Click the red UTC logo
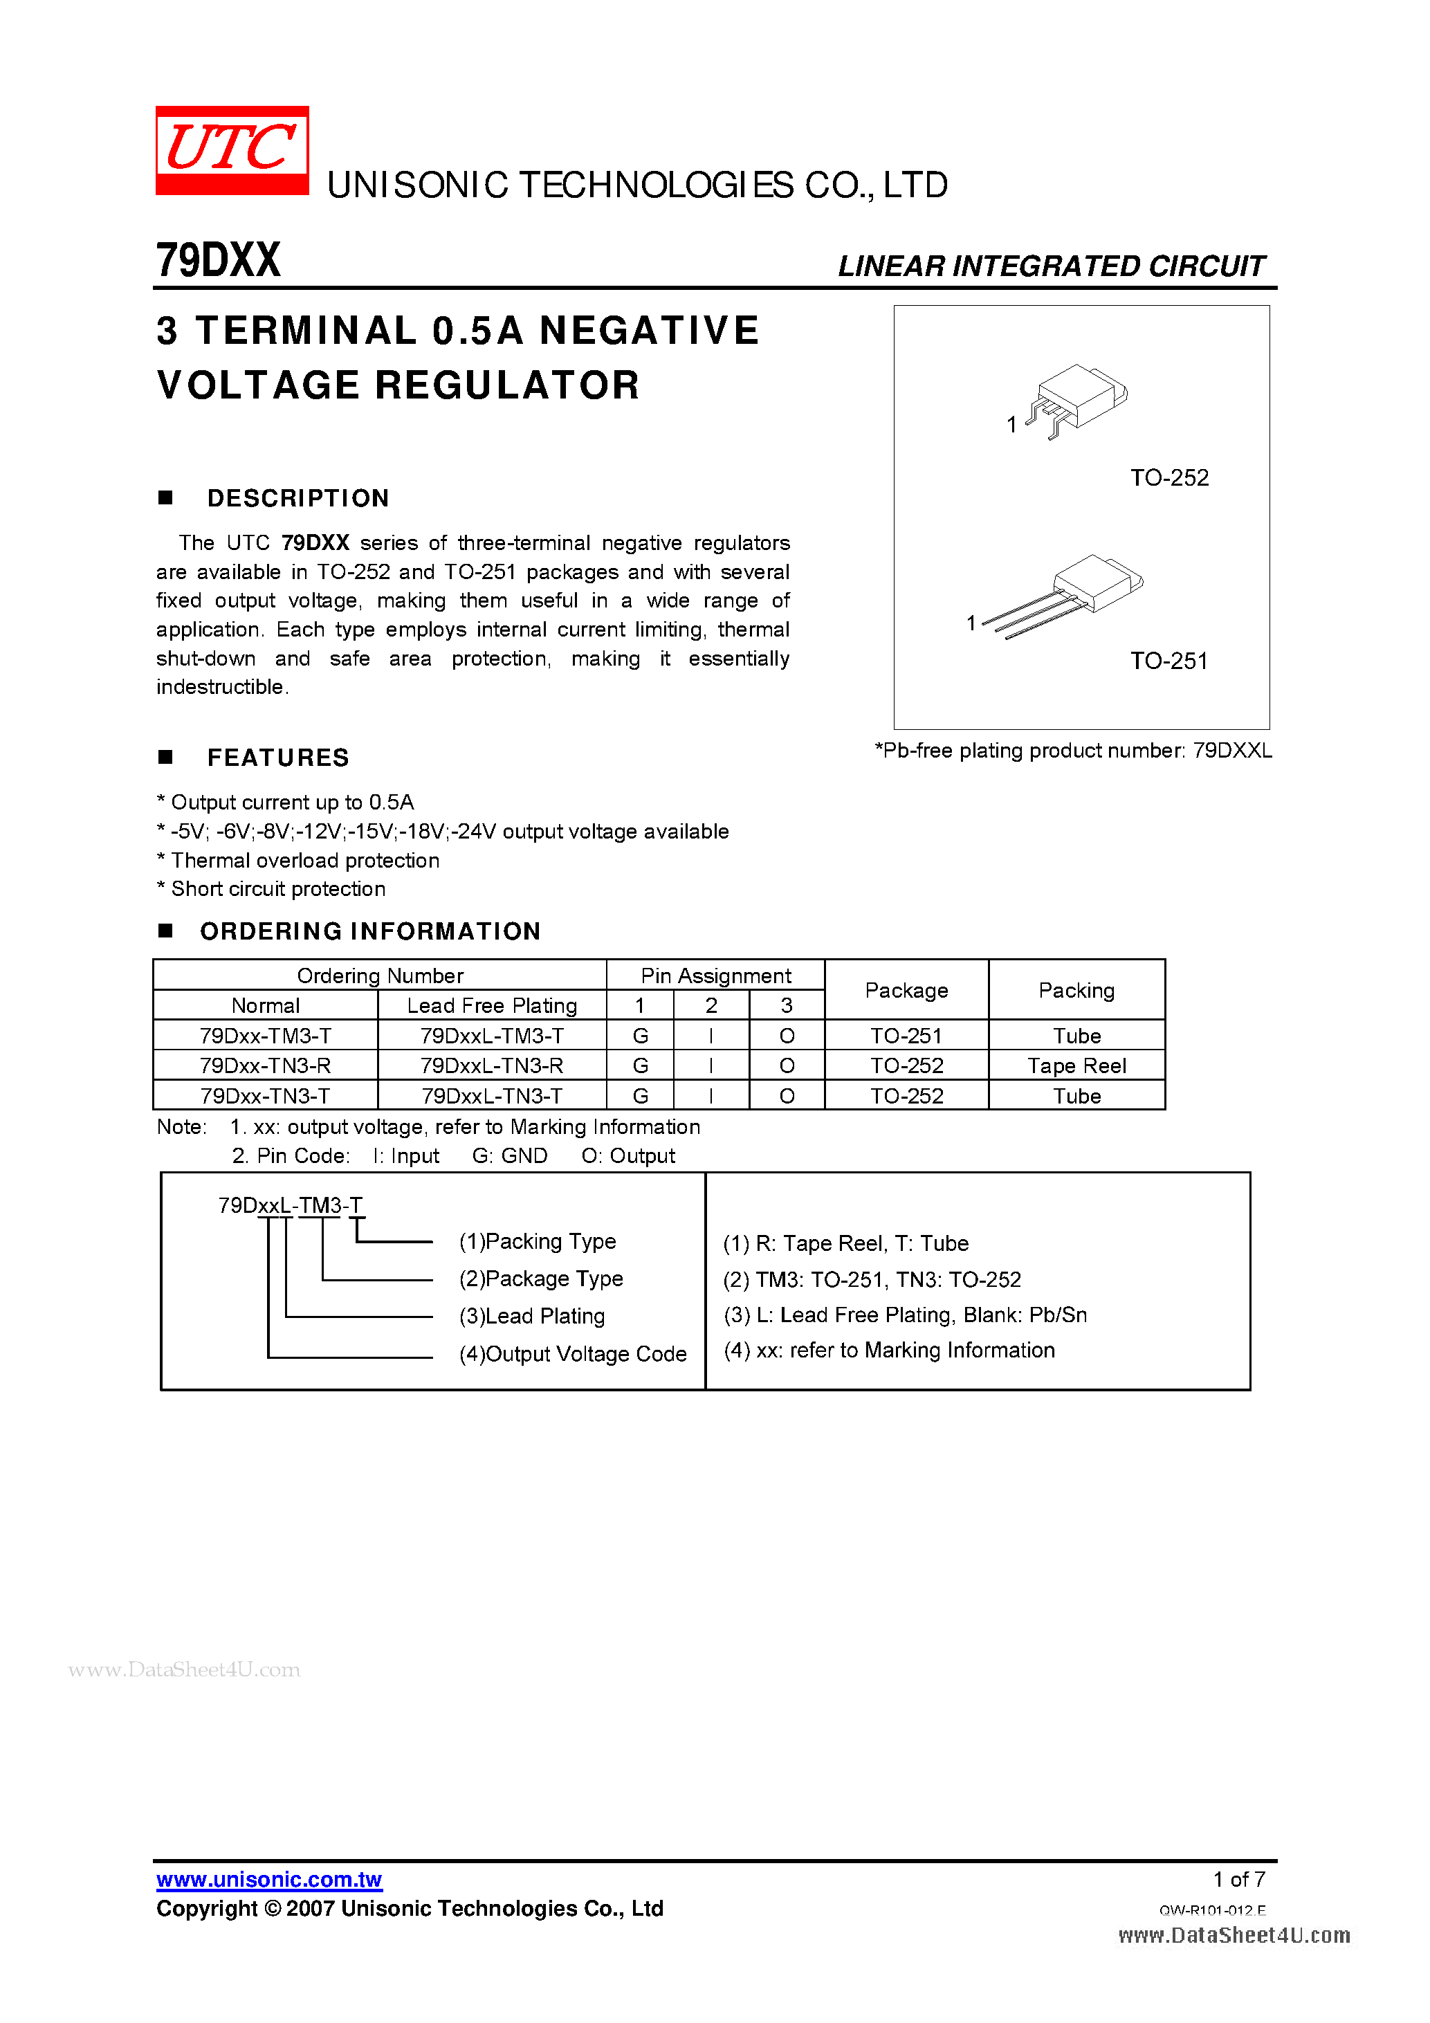click(x=232, y=149)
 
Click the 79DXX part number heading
click(x=218, y=261)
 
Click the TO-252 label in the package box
click(x=1168, y=477)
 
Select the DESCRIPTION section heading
click(x=297, y=499)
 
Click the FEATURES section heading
click(x=277, y=758)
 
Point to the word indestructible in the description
click(x=221, y=687)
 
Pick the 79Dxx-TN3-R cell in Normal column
click(x=265, y=1066)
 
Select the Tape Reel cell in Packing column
click(x=1076, y=1066)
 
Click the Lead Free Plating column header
click(x=492, y=1005)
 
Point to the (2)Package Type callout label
click(x=541, y=1279)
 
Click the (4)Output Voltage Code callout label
click(x=573, y=1354)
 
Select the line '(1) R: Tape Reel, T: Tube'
click(x=846, y=1243)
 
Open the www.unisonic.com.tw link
click(x=268, y=1879)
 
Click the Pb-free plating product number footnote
click(x=1072, y=751)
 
